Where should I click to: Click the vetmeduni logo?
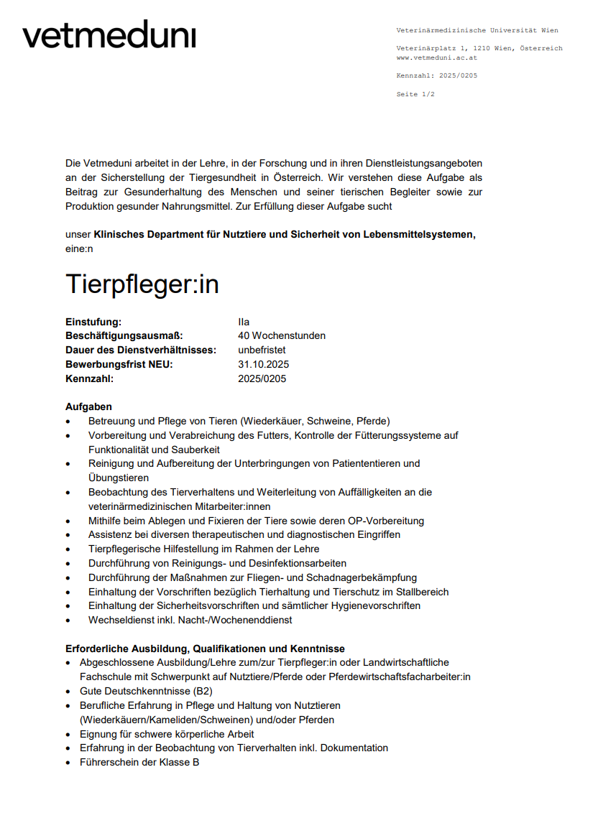click(x=109, y=35)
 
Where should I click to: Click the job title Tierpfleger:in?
click(x=142, y=284)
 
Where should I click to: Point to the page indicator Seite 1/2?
click(x=415, y=94)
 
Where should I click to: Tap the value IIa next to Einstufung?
click(x=244, y=322)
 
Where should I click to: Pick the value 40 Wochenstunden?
click(x=281, y=335)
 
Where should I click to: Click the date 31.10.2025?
click(x=263, y=364)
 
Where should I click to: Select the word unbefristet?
click(x=262, y=350)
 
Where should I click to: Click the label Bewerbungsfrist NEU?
click(x=119, y=364)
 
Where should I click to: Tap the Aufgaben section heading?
click(x=88, y=407)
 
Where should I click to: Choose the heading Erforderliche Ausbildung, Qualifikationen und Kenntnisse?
click(x=205, y=649)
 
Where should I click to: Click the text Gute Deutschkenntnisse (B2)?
click(x=146, y=691)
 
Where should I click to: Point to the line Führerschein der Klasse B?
click(x=139, y=762)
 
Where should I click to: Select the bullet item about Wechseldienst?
click(x=190, y=620)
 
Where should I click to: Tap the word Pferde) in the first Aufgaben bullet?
click(x=372, y=421)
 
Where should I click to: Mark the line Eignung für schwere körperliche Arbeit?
click(x=167, y=734)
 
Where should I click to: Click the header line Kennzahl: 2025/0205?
click(x=436, y=75)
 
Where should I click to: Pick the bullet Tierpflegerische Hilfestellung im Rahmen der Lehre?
click(x=203, y=549)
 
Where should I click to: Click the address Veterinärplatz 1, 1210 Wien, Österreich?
click(x=479, y=48)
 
